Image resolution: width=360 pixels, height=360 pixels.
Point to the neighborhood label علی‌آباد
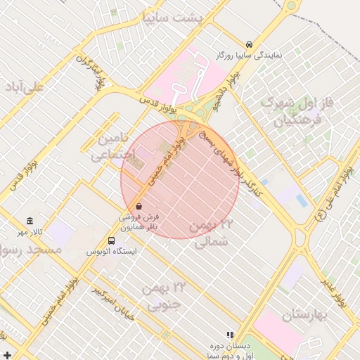(x=24, y=86)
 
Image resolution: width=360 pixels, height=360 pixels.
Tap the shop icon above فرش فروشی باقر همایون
(x=139, y=207)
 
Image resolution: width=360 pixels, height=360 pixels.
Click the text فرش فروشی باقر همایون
(x=139, y=222)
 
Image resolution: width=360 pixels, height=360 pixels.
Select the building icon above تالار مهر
(x=30, y=221)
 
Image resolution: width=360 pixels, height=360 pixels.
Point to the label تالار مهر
(x=30, y=232)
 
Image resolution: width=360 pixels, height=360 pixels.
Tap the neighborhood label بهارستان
(x=307, y=315)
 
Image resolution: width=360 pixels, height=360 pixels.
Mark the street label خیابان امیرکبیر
(x=112, y=302)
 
